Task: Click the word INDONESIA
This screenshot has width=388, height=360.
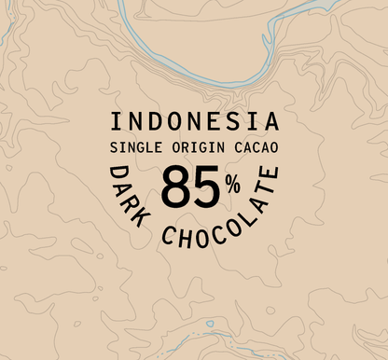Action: [x=194, y=122]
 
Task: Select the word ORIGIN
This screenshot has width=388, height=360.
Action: [x=191, y=147]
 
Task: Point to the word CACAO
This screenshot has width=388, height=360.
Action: [x=250, y=147]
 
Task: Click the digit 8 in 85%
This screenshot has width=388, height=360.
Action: [x=177, y=188]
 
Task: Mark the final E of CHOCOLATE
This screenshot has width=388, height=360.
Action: [x=270, y=177]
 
